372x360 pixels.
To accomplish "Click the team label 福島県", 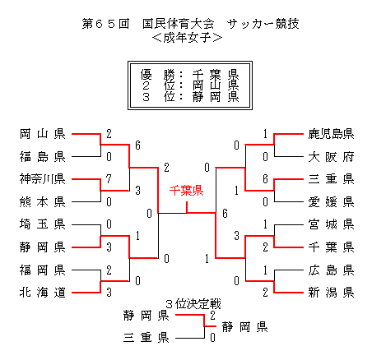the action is click(x=43, y=157).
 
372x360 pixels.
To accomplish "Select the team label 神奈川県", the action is click(x=43, y=179).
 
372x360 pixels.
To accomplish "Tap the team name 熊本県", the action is click(x=43, y=202).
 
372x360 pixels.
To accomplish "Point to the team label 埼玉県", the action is click(x=43, y=224).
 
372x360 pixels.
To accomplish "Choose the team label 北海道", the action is click(x=43, y=293).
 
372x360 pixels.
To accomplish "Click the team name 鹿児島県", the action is click(x=331, y=134).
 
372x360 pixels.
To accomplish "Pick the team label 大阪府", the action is click(x=331, y=157).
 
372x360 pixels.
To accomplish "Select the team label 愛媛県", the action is click(x=331, y=202).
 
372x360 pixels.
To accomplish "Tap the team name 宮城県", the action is click(x=331, y=224).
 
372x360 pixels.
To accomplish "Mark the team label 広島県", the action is click(x=331, y=270).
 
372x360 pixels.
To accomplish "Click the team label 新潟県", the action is click(x=331, y=293).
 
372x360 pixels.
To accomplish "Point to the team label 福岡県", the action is click(x=43, y=270).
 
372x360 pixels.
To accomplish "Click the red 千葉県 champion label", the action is click(x=186, y=191).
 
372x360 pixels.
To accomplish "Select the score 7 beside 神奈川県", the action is click(x=109, y=179).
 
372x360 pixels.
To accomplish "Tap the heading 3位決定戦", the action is click(x=193, y=304).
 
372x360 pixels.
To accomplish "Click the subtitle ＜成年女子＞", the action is click(x=187, y=38).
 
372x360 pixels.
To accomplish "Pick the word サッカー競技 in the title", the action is click(x=263, y=24).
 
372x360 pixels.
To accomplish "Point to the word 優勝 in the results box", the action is click(x=158, y=74).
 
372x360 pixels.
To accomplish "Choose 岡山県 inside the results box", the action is click(x=216, y=85).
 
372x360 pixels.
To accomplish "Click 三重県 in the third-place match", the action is click(x=146, y=338).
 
